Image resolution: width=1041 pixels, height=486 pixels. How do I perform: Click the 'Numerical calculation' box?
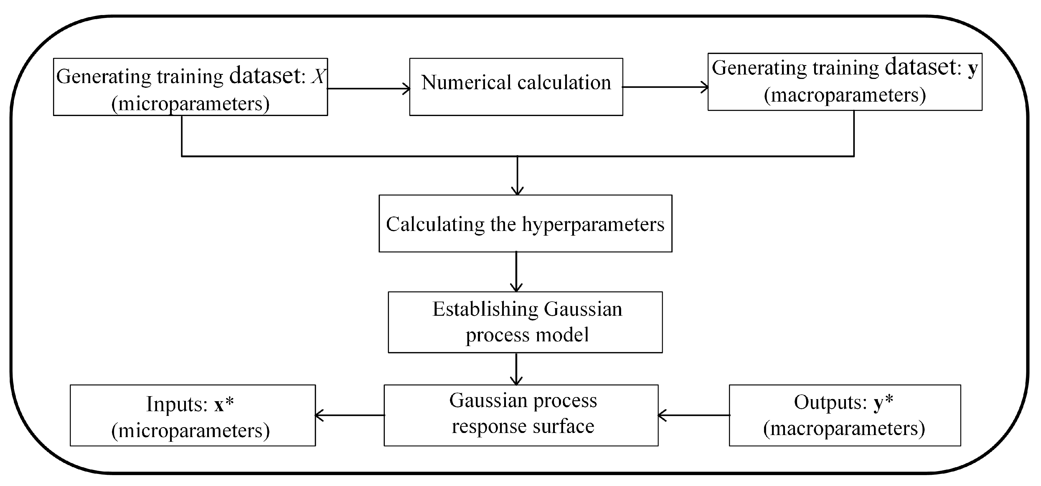(x=516, y=87)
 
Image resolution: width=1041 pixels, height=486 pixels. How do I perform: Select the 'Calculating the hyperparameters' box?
(x=525, y=223)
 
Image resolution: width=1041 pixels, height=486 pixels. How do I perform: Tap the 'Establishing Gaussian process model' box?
(x=525, y=322)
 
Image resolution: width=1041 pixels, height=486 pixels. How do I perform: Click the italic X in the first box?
(x=318, y=76)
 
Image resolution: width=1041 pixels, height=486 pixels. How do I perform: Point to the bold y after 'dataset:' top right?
(x=972, y=68)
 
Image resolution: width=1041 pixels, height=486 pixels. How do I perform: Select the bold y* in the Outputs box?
(x=883, y=402)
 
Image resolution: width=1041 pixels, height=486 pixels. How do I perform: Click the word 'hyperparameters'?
(x=593, y=224)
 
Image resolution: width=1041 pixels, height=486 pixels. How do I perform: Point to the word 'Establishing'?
(x=485, y=310)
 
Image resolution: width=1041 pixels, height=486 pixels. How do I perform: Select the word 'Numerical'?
(x=466, y=82)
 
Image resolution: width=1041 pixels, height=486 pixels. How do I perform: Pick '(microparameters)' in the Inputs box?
(x=190, y=430)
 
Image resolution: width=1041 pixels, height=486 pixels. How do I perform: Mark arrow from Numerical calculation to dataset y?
(x=665, y=87)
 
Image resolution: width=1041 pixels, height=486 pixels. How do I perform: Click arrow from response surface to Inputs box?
(x=349, y=415)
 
